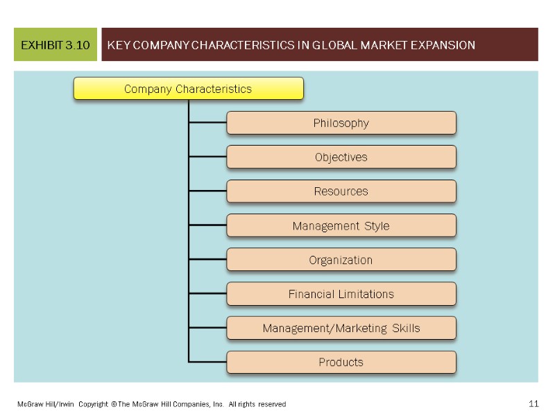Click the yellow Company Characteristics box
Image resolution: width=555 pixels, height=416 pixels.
coord(188,89)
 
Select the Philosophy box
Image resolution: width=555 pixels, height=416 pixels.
coord(341,123)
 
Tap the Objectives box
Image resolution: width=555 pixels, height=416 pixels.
coord(341,157)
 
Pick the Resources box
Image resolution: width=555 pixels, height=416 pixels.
coord(341,191)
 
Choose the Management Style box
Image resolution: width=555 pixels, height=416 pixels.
coord(341,226)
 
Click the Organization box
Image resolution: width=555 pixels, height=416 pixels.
coord(341,260)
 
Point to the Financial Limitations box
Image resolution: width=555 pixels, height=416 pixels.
coord(341,294)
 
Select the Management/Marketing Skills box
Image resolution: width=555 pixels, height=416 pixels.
coord(341,328)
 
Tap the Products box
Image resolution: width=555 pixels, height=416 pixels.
coord(341,362)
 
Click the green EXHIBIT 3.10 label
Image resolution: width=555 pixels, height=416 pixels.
coord(55,45)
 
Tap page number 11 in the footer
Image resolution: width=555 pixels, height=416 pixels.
coord(533,404)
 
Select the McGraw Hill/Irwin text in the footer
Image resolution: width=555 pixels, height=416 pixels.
coord(42,404)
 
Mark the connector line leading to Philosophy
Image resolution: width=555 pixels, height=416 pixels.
coord(207,123)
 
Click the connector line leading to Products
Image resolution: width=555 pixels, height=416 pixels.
coord(207,362)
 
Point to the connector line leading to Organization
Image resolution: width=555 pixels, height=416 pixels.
coord(207,260)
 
